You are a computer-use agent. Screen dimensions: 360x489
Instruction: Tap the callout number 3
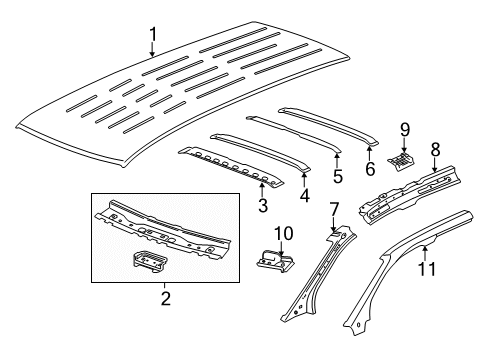click(262, 205)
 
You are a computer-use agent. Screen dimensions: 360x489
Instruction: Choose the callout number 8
click(434, 149)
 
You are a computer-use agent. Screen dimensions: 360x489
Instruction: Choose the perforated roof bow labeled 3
click(230, 165)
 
